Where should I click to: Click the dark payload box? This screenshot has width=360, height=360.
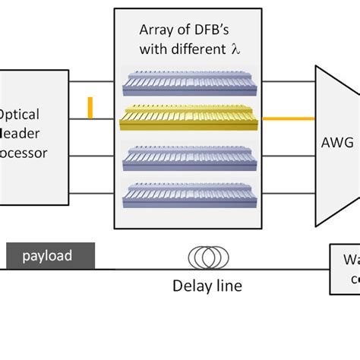pyautogui.click(x=50, y=256)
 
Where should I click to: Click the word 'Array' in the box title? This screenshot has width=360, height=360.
pyautogui.click(x=155, y=30)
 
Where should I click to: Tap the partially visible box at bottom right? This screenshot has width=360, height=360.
pyautogui.click(x=345, y=270)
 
